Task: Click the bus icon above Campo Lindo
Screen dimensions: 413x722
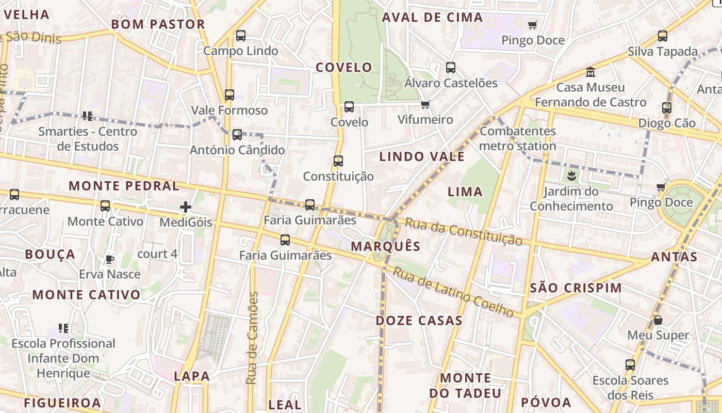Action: (241, 36)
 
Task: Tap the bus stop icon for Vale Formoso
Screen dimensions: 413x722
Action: (229, 95)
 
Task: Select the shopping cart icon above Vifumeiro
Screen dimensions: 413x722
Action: (425, 105)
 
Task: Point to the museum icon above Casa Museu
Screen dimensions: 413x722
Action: (590, 72)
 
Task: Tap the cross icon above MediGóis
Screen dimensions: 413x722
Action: (186, 207)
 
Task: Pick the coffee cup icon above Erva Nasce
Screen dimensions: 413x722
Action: (109, 259)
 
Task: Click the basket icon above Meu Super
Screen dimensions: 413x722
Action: (658, 320)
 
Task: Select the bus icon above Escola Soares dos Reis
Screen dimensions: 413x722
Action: (630, 365)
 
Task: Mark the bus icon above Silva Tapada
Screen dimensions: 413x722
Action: (663, 36)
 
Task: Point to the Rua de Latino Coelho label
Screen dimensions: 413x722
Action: (453, 292)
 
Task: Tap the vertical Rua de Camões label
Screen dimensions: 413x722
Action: (252, 338)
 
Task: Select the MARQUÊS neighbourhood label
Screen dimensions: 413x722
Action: (386, 246)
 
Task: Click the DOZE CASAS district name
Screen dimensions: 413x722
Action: (419, 321)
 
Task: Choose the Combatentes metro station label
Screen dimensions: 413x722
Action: (518, 138)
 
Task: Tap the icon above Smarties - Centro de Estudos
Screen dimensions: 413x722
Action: (87, 116)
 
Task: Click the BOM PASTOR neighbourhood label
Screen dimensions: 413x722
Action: (158, 24)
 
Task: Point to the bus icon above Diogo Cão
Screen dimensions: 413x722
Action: (667, 108)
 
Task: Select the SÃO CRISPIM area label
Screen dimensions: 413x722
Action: (576, 288)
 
